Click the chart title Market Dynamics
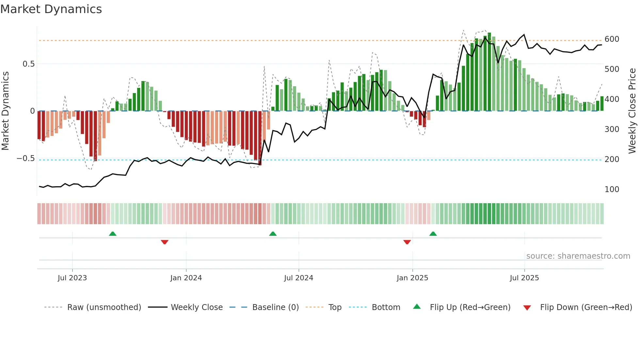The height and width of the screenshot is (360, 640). [x=51, y=9]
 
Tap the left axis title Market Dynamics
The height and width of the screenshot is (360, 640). [x=5, y=111]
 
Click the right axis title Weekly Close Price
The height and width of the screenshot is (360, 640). [x=632, y=111]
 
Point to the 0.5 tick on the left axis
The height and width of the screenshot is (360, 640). [x=28, y=64]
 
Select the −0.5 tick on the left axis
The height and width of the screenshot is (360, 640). [x=26, y=159]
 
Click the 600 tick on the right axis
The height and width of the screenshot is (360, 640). [x=612, y=39]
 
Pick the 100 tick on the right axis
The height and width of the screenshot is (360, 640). [x=612, y=189]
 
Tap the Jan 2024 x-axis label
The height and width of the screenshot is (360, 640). [x=186, y=278]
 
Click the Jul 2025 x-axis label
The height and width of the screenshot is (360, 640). [x=524, y=278]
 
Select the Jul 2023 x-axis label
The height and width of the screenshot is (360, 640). [x=72, y=278]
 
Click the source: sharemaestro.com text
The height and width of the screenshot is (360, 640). [x=578, y=256]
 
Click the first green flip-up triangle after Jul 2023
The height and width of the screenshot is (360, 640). [x=113, y=234]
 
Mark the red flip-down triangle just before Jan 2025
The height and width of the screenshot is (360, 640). [x=407, y=242]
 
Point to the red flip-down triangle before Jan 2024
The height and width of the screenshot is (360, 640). [x=165, y=242]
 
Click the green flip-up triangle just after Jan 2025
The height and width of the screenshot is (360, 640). [x=433, y=234]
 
